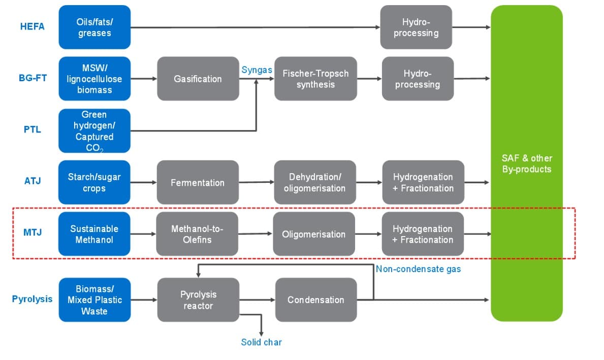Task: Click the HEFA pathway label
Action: click(x=33, y=26)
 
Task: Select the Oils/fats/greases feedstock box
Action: click(x=94, y=27)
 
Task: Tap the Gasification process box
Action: click(x=198, y=79)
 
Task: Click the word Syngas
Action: click(x=257, y=70)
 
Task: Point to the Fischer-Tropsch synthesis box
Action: click(x=315, y=79)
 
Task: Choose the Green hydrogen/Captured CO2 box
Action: click(x=94, y=130)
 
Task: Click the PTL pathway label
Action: click(x=33, y=129)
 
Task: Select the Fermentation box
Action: click(x=198, y=182)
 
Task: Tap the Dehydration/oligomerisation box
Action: click(x=315, y=182)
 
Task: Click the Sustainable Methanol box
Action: click(x=94, y=234)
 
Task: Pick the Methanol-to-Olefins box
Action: click(x=197, y=234)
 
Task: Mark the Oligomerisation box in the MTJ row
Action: click(x=313, y=234)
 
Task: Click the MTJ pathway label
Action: click(x=33, y=233)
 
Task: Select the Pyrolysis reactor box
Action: click(x=198, y=300)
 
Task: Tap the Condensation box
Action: click(x=315, y=300)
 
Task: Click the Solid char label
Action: click(x=261, y=342)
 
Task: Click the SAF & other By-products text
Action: click(x=527, y=163)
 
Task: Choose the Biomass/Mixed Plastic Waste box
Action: click(x=94, y=300)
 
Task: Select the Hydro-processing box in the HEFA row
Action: click(x=417, y=27)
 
